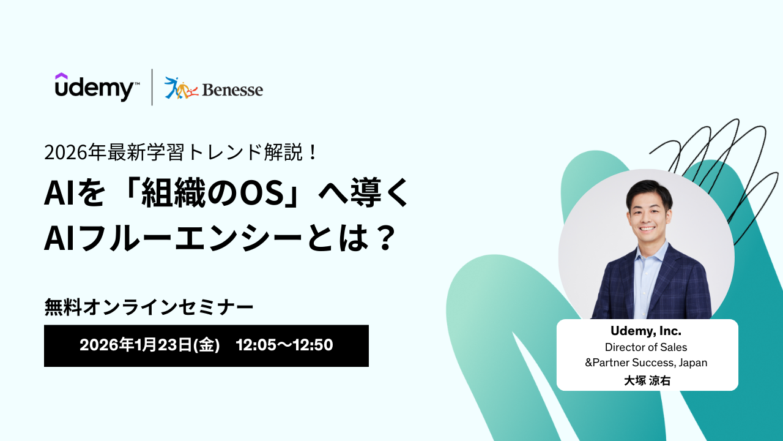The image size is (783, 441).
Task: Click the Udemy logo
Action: coord(97,87)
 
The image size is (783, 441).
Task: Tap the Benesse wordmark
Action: coord(232,90)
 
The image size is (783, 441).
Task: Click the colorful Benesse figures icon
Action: coord(181,88)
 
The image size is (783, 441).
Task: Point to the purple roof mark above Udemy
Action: coord(61,76)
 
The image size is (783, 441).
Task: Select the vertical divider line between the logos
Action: coord(152,87)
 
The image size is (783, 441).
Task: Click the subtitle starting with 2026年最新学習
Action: coord(180,153)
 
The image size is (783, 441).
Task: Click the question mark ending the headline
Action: coord(386,238)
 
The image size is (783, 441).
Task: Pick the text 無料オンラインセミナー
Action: coord(149,307)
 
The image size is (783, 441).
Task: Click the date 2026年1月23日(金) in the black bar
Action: coord(150,345)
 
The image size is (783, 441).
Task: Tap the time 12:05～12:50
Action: coord(284,345)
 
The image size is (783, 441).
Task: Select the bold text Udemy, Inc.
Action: coord(646,331)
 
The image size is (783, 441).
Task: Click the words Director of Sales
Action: coord(646,347)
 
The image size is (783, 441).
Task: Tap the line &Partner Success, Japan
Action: coord(646,363)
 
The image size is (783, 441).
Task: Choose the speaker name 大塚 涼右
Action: coord(647,380)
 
